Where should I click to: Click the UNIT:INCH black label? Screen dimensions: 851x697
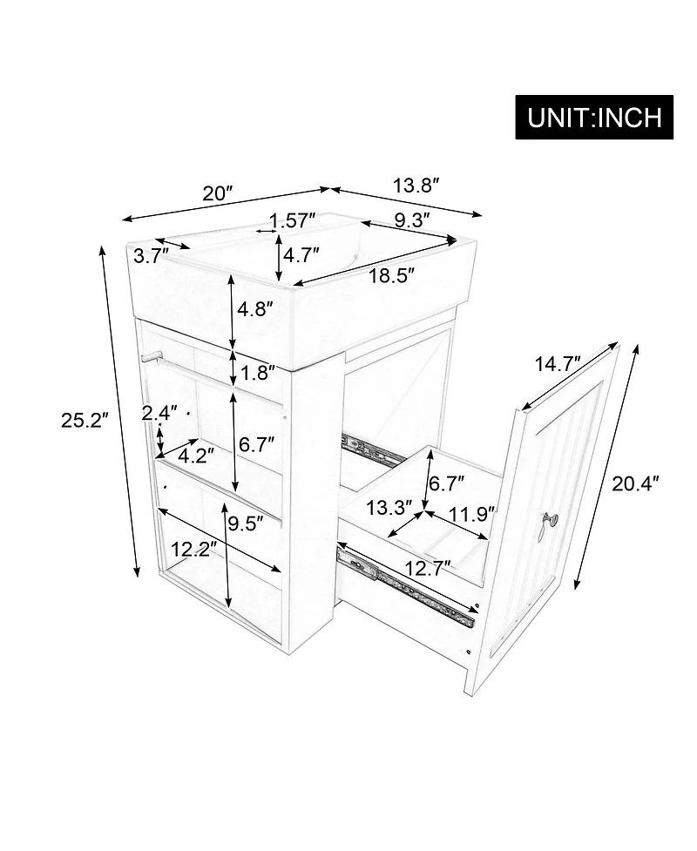click(x=594, y=117)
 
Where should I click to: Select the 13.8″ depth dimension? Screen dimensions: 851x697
click(x=415, y=186)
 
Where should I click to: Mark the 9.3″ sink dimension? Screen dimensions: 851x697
click(x=411, y=220)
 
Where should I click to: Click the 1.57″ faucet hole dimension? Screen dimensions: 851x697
click(x=292, y=221)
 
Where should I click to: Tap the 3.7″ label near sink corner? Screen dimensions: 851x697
click(x=152, y=256)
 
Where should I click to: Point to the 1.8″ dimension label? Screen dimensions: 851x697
click(x=257, y=374)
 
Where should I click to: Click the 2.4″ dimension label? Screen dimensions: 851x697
click(x=160, y=413)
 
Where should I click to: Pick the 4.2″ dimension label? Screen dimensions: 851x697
click(x=197, y=456)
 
